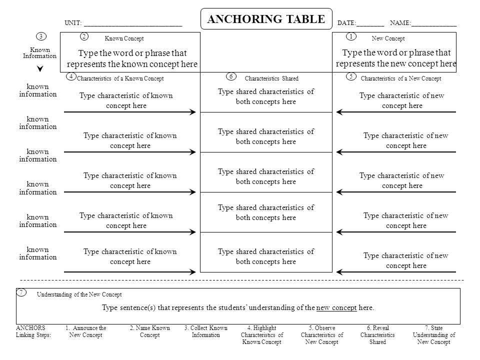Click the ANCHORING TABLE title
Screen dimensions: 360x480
[266, 19]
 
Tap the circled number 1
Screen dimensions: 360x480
[351, 36]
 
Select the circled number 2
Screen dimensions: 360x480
[84, 36]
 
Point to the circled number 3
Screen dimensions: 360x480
[41, 36]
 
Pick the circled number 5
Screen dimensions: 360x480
[351, 76]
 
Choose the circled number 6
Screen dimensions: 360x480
[231, 76]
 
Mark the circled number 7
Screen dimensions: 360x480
[21, 292]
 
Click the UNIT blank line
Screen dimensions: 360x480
[133, 24]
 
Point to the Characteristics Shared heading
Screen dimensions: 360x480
[271, 78]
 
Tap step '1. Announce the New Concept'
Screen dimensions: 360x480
[86, 331]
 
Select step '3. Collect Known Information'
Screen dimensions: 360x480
[206, 331]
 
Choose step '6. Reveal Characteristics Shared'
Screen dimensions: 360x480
[377, 335]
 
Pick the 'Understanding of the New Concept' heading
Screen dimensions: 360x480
[79, 295]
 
